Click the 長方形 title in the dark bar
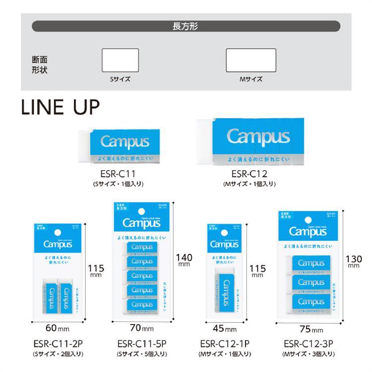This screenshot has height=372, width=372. pos(186,26)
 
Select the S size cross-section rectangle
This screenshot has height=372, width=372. pos(120,61)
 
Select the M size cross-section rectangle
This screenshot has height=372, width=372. pos(250,61)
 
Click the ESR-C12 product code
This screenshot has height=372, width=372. pos(250,174)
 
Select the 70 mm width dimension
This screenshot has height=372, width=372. pos(141,327)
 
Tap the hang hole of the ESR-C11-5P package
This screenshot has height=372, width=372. pos(141,209)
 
